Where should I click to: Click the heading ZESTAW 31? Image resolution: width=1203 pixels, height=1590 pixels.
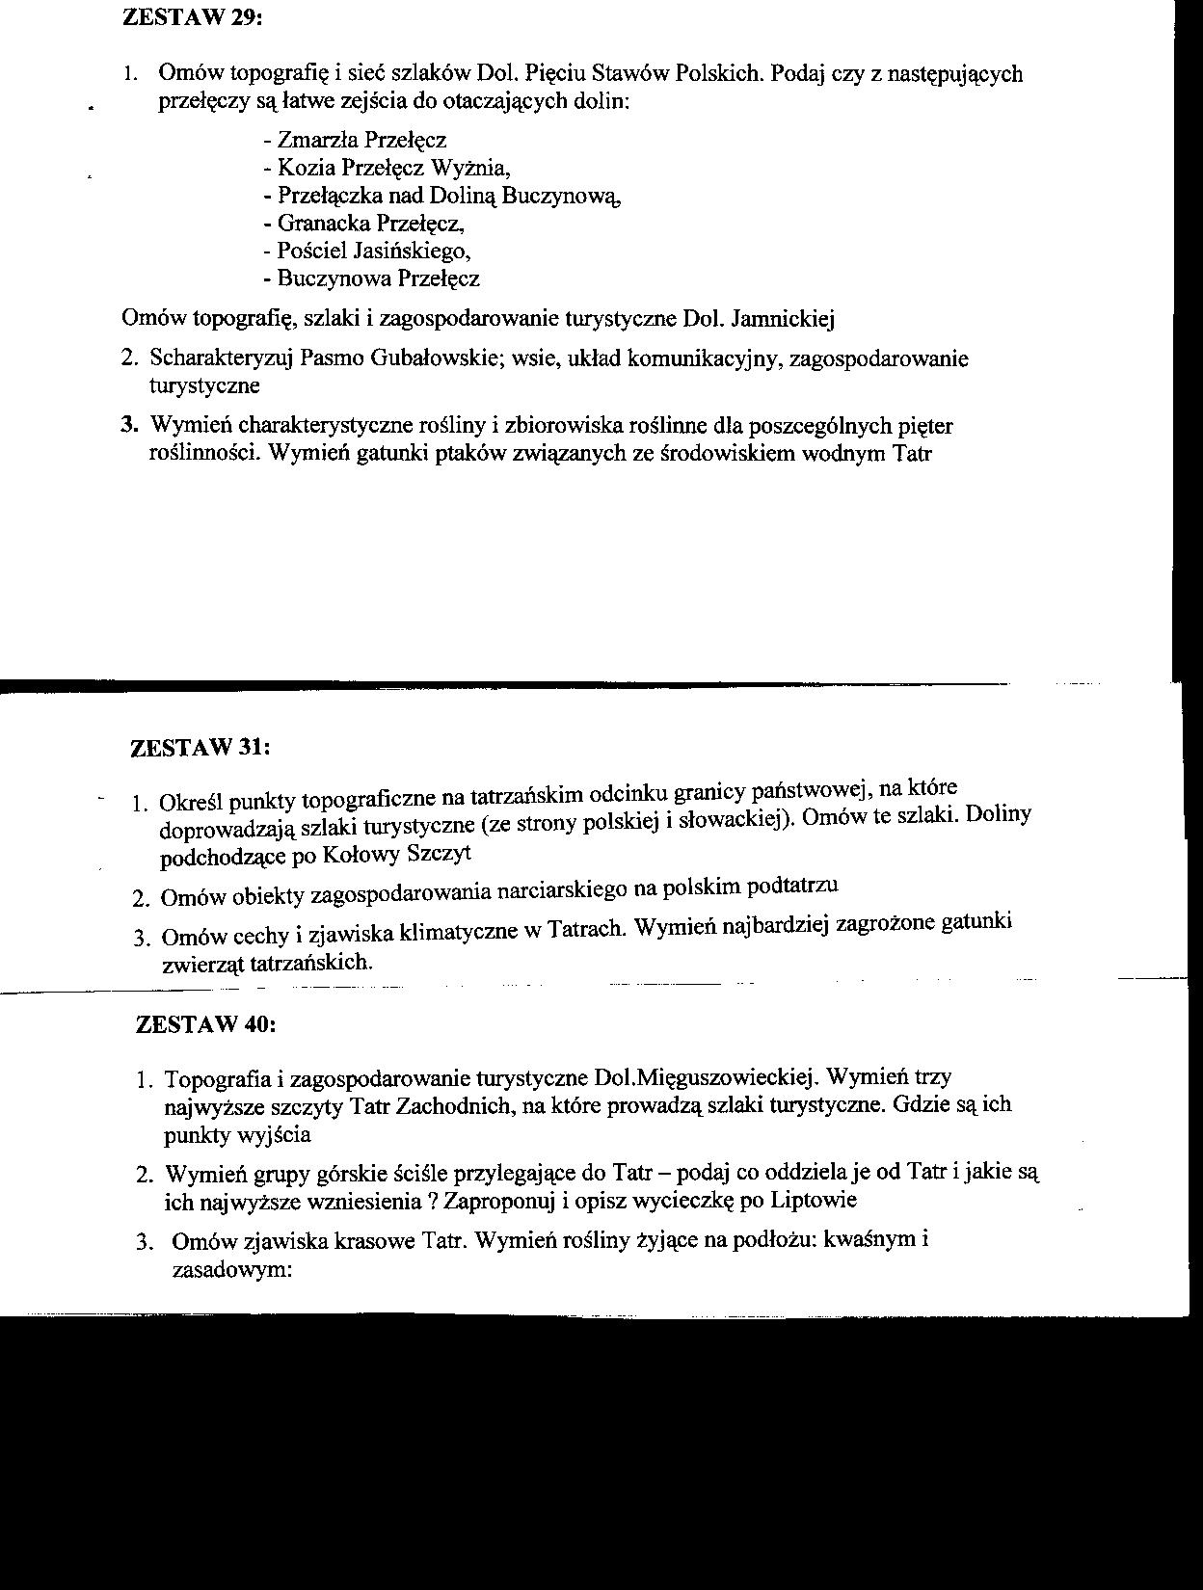pyautogui.click(x=200, y=748)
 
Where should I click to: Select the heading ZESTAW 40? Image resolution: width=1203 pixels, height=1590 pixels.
pyautogui.click(x=206, y=1024)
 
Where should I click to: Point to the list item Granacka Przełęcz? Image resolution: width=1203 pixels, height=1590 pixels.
pyautogui.click(x=363, y=224)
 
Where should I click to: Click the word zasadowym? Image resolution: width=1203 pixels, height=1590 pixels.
pyautogui.click(x=230, y=1269)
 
